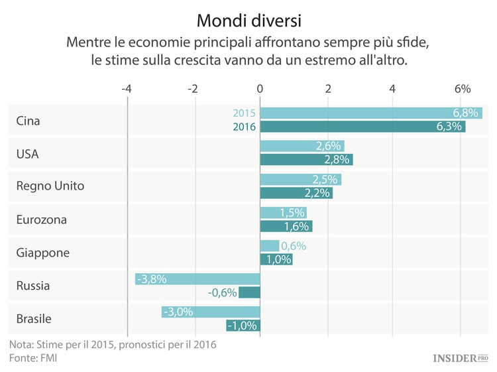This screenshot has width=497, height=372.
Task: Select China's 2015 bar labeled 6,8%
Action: (371, 113)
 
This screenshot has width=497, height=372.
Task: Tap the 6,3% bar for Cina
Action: (362, 127)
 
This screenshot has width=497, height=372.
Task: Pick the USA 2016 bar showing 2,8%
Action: (306, 160)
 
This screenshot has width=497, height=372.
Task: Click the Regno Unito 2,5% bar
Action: (300, 180)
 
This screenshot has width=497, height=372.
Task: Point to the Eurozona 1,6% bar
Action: (286, 226)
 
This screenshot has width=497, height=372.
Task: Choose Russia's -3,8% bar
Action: (197, 279)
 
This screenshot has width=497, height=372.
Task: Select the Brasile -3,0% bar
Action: (211, 312)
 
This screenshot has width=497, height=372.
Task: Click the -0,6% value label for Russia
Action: (222, 292)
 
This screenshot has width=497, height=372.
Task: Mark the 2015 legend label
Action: (244, 113)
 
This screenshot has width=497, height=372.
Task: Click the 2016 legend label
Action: (244, 127)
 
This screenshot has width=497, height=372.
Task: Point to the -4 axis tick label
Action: (127, 89)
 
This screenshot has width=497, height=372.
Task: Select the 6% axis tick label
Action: (462, 89)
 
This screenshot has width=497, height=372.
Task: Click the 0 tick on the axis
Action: (260, 89)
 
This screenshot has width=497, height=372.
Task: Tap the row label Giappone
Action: (43, 253)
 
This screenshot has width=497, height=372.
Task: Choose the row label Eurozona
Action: (42, 219)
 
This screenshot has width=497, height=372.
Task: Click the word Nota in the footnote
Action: (22, 345)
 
